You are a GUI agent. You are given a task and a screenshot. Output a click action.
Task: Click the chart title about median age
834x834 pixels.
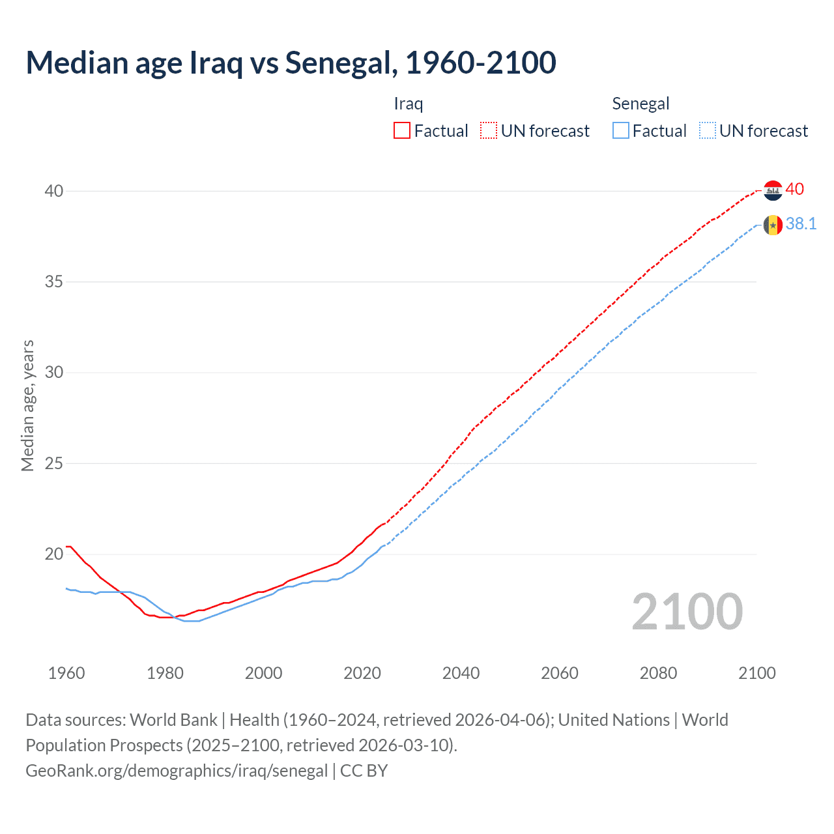(291, 63)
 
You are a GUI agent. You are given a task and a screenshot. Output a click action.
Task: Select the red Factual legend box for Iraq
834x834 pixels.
(402, 131)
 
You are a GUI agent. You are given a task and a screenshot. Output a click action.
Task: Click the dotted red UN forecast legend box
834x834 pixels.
(489, 131)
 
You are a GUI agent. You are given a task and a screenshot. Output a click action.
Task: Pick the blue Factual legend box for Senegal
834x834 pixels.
(621, 131)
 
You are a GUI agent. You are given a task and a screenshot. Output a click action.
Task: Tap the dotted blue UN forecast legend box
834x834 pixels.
(708, 131)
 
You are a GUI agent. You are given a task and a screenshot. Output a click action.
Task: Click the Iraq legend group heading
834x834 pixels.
(409, 104)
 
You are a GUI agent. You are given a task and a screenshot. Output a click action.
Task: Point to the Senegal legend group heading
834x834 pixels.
(640, 104)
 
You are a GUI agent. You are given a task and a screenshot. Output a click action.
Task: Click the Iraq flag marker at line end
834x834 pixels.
(773, 190)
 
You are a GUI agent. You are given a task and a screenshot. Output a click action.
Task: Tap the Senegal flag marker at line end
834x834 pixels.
(773, 225)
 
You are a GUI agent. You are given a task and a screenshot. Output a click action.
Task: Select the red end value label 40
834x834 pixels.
(795, 189)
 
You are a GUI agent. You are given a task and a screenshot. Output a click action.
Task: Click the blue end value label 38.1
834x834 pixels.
(801, 224)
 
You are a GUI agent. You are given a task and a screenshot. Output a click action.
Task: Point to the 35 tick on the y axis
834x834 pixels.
(54, 281)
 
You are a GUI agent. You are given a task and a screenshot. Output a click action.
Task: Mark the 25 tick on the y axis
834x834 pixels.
(54, 463)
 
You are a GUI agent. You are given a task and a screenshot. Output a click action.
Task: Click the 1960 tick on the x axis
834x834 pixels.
(66, 673)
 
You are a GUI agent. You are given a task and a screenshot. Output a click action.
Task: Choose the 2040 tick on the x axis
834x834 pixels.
(461, 673)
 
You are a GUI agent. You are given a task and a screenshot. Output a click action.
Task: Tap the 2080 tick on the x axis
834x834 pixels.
(658, 673)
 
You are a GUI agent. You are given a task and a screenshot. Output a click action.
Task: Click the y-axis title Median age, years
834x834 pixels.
(27, 405)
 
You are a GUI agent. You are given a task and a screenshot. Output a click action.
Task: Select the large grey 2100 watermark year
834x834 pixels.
(687, 612)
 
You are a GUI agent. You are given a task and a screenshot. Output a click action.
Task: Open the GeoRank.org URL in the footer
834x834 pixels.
(177, 771)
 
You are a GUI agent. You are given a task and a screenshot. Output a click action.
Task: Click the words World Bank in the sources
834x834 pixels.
(173, 720)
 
